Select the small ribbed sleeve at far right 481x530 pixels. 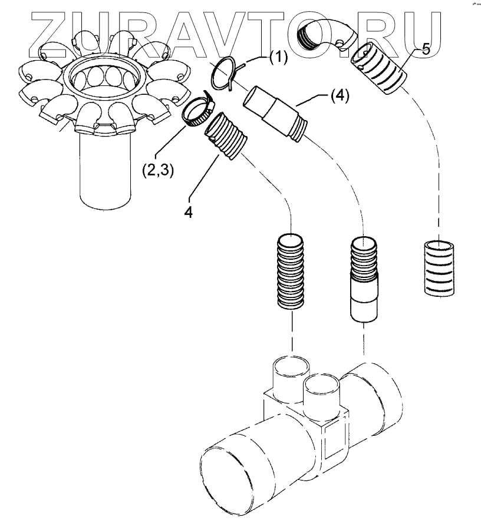(439, 266)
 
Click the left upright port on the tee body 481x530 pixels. (289, 377)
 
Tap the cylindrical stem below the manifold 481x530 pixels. (104, 177)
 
